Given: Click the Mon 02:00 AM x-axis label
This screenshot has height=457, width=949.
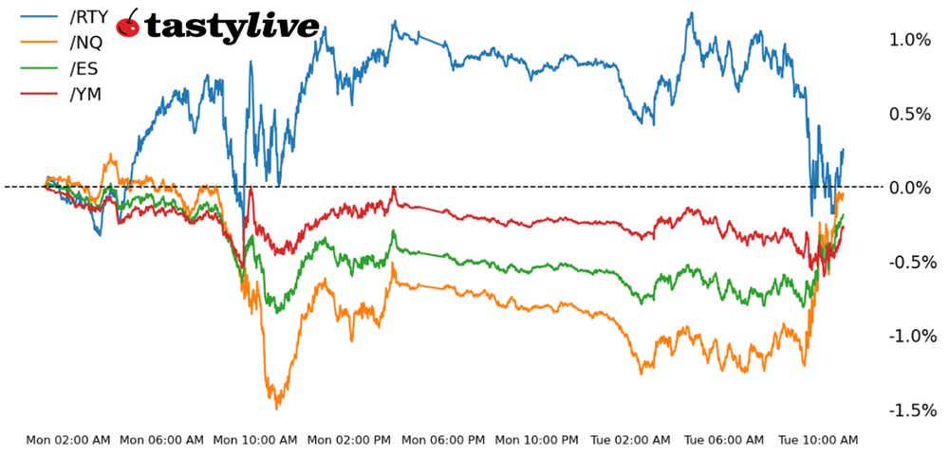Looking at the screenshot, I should (x=67, y=440).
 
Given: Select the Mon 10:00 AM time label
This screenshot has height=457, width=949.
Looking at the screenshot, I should (x=253, y=440).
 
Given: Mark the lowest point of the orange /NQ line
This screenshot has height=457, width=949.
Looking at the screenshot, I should (x=276, y=409).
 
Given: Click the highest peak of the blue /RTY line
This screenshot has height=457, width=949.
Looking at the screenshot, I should (x=691, y=12).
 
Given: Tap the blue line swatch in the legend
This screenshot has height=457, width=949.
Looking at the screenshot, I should (x=37, y=15).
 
